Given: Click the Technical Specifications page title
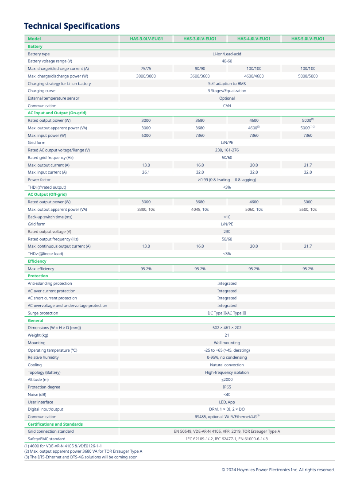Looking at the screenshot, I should [72, 26].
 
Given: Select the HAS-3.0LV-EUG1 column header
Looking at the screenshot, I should [146, 39].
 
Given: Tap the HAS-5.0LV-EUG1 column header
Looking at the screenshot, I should [308, 39].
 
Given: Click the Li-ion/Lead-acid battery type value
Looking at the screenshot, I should [227, 54].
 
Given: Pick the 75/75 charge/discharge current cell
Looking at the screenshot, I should [146, 69].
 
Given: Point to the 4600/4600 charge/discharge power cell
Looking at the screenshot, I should [254, 76].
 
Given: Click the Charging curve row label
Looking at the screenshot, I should [42, 91].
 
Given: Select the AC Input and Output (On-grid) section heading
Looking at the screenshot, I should [57, 113].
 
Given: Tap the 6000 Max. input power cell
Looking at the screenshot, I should [146, 136].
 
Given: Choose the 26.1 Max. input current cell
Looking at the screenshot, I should [146, 172].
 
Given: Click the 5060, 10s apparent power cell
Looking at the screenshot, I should [254, 210].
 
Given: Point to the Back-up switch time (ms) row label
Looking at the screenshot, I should [50, 217].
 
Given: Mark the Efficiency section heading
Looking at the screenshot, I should [37, 261].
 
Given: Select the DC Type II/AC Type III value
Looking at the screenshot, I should [227, 313].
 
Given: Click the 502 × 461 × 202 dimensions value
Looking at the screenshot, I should [227, 328].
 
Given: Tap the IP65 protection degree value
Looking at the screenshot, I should [227, 387].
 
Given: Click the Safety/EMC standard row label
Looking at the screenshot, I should [46, 439].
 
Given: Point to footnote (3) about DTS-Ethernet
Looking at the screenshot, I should [81, 457].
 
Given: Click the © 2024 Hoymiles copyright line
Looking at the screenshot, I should [278, 470].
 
